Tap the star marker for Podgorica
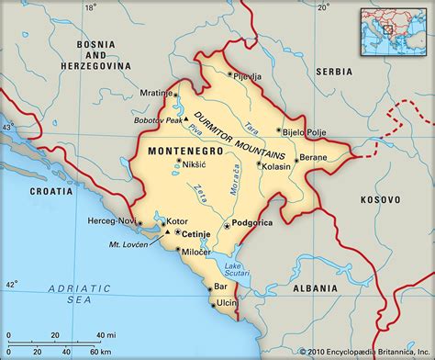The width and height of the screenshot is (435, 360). point(227,225)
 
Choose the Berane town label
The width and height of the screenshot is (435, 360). point(313,158)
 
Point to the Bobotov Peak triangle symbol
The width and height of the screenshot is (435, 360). point(185,119)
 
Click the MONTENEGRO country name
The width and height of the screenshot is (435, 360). point(178,148)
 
